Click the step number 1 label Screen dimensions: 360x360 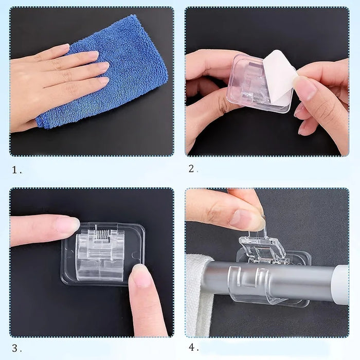17,170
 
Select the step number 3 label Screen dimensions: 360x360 17,348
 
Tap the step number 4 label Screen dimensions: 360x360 194,347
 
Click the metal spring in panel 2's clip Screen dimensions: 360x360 257,99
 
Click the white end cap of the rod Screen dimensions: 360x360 341,285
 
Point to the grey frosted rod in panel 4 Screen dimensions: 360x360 273,279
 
